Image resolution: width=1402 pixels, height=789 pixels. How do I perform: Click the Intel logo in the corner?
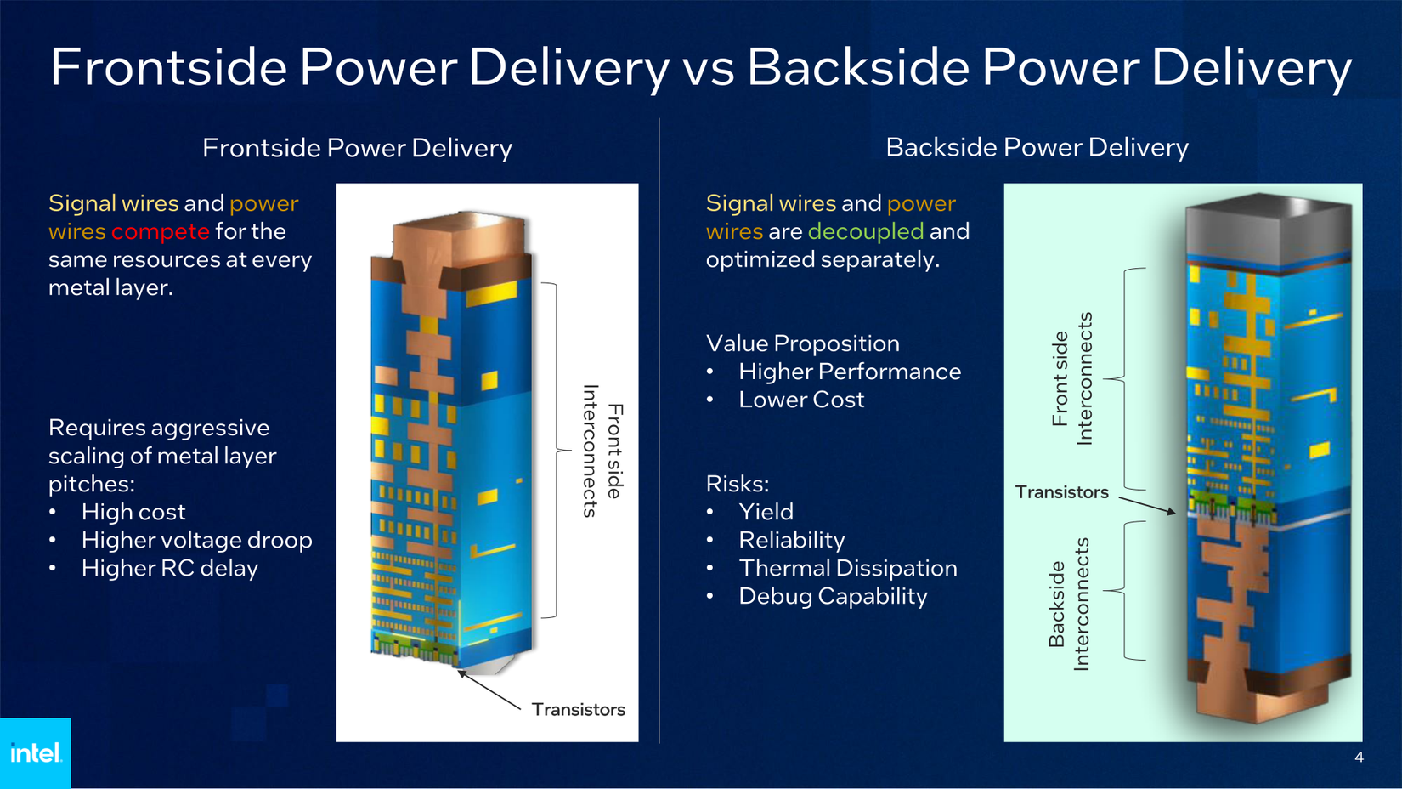[x=35, y=752]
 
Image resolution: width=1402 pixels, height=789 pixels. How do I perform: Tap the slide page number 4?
[x=1359, y=758]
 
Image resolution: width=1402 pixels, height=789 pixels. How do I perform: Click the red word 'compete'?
[x=160, y=231]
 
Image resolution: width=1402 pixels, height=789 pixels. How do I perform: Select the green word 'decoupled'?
[x=865, y=231]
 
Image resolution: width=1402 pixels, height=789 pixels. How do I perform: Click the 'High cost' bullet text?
[x=133, y=512]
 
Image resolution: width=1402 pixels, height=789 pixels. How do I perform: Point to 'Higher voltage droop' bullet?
[x=196, y=540]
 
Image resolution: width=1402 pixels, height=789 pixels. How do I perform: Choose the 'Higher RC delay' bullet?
[x=169, y=568]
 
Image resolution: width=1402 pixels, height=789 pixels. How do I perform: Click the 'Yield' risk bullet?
[x=766, y=512]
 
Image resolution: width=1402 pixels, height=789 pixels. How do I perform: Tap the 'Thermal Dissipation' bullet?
[x=847, y=568]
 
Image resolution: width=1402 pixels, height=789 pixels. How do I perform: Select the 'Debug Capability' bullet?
[x=833, y=596]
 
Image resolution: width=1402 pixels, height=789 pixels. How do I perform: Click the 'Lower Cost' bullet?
[x=800, y=400]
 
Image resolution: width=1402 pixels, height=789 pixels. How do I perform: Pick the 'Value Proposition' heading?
[x=802, y=343]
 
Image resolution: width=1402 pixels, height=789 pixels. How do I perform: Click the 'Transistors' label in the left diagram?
[x=578, y=709]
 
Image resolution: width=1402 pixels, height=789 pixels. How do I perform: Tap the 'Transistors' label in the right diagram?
[x=1061, y=492]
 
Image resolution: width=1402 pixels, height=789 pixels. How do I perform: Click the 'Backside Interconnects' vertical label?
[x=1068, y=604]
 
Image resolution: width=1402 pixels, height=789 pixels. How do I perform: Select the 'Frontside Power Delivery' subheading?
[x=357, y=148]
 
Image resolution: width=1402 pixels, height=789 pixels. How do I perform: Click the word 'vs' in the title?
[x=708, y=68]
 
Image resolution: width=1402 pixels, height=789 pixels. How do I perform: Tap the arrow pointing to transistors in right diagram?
[x=1147, y=506]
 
